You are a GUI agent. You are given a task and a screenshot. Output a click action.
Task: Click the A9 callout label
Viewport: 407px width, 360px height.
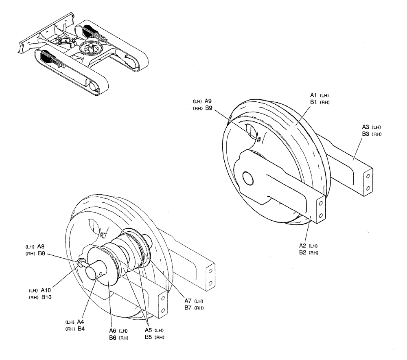click(208, 101)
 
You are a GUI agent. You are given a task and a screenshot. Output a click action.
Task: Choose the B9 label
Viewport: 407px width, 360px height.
click(208, 108)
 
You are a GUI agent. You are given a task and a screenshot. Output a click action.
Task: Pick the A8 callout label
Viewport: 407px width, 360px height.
click(41, 246)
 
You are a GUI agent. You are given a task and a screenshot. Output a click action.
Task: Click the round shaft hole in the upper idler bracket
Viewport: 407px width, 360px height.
click(248, 177)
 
